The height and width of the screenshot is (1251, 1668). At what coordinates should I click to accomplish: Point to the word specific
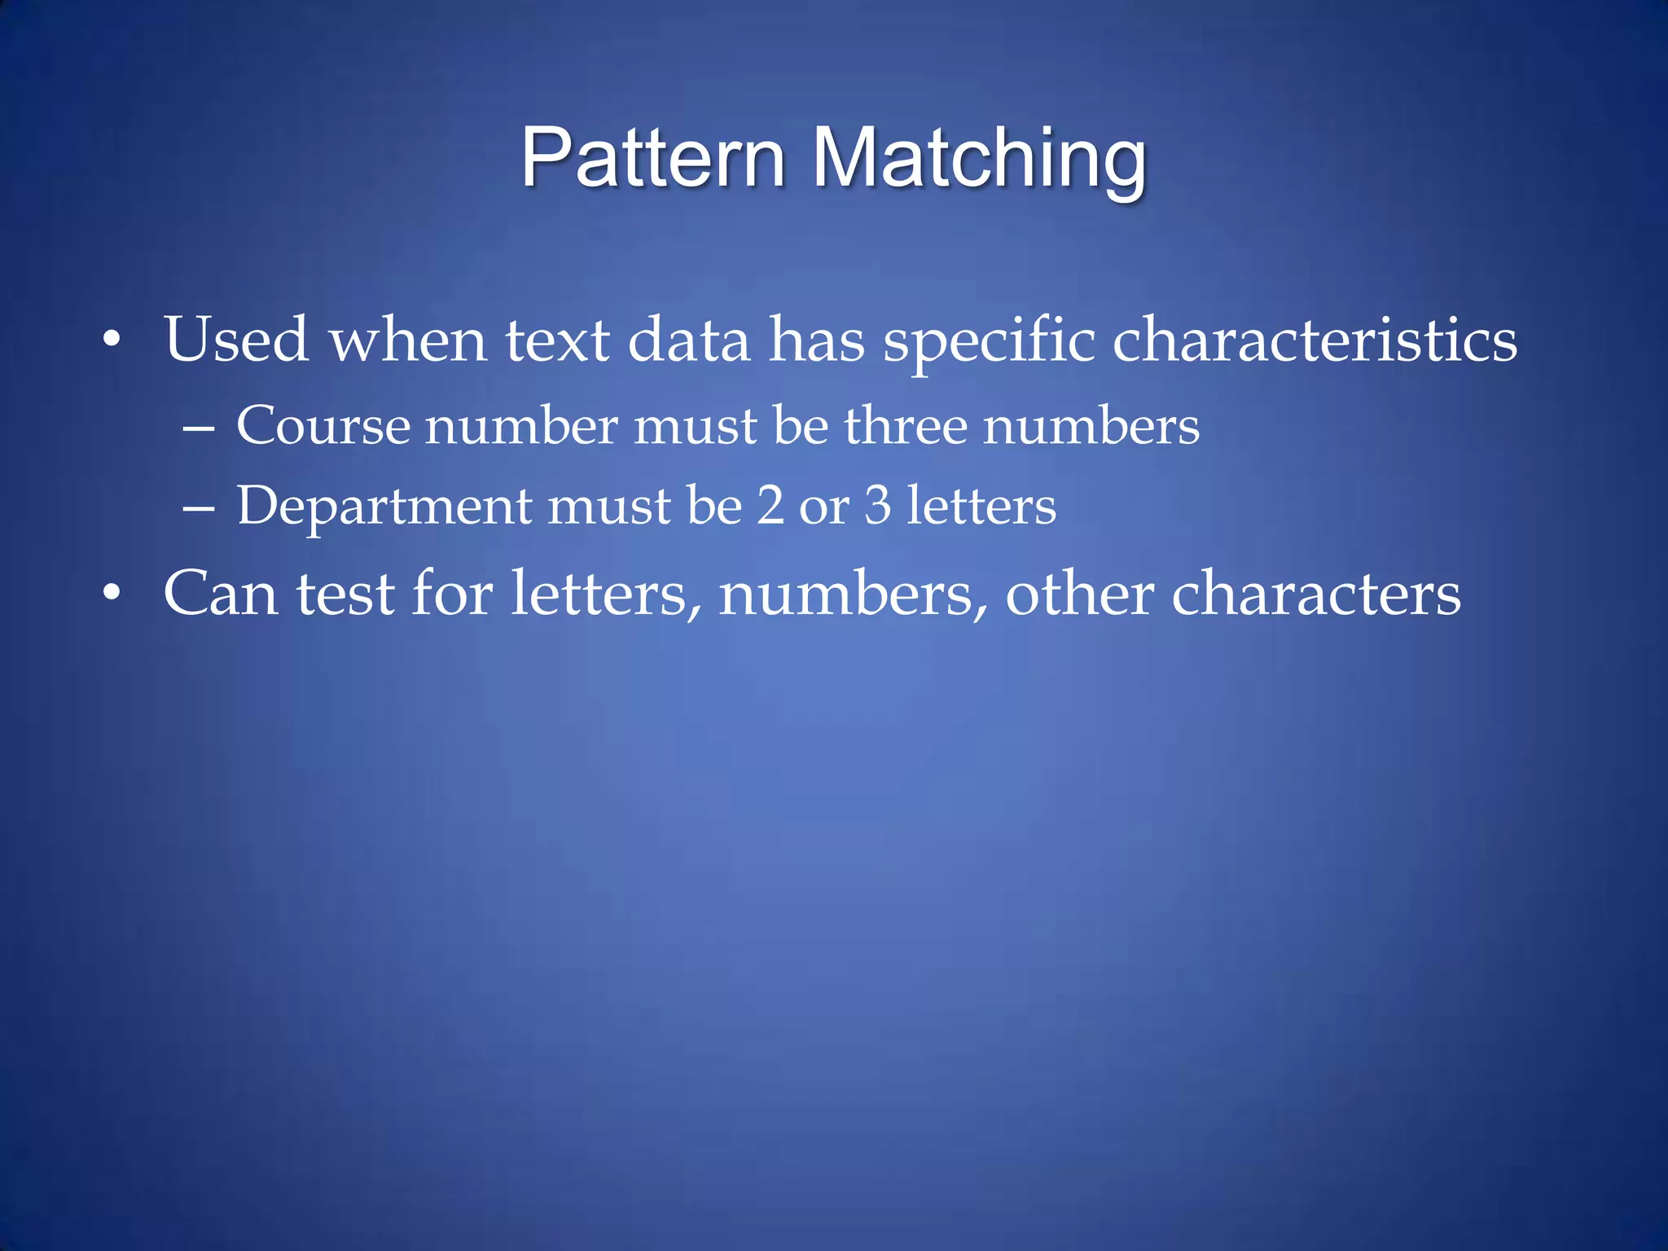pos(989,340)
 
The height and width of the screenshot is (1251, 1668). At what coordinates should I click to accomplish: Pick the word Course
pos(323,425)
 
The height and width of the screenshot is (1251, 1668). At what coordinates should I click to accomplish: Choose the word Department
pos(384,507)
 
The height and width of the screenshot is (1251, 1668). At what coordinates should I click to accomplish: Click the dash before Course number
pos(199,427)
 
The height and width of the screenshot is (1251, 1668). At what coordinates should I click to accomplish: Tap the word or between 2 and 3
pos(824,507)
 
